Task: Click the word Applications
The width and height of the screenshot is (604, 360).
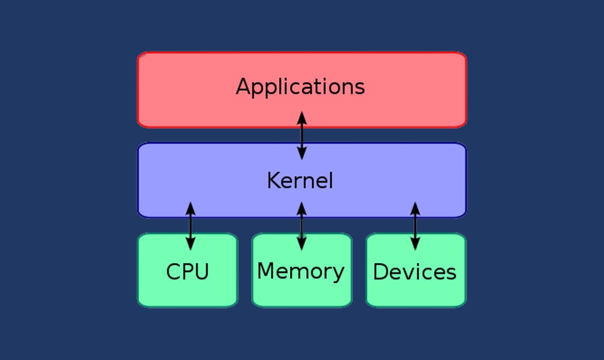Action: click(300, 87)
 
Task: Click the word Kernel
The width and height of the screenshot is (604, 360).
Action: click(299, 181)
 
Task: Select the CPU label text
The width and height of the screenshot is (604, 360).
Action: click(187, 272)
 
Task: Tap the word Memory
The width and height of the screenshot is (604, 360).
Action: click(301, 271)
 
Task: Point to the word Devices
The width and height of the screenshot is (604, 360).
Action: click(415, 272)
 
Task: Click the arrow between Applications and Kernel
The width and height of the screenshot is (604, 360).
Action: click(302, 135)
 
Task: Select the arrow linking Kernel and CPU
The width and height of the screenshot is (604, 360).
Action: click(191, 226)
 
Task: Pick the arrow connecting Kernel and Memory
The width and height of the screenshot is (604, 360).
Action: click(302, 226)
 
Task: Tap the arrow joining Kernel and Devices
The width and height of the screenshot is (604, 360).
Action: click(415, 226)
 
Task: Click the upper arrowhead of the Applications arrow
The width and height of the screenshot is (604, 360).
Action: click(302, 118)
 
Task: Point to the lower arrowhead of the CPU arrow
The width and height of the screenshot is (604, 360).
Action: click(191, 244)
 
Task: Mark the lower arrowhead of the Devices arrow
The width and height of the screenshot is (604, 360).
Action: click(415, 244)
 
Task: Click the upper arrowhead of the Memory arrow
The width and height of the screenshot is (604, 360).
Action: click(302, 208)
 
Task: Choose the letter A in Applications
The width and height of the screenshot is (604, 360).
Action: click(243, 86)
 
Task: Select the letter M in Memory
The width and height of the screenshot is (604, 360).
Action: click(266, 271)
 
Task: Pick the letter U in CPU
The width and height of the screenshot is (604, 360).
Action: click(201, 272)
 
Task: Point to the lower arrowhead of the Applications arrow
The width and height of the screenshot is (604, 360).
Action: click(302, 153)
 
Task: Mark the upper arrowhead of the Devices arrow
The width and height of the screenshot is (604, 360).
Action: click(415, 208)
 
